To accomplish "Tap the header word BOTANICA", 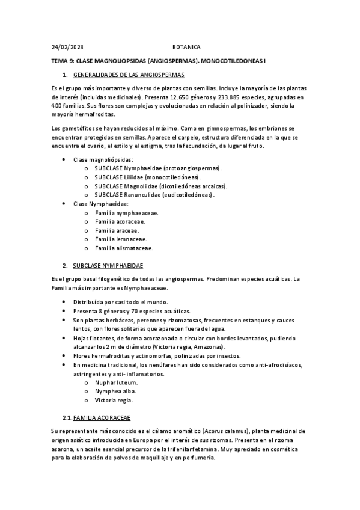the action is (x=186, y=46).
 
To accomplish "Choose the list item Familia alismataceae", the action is (x=123, y=248).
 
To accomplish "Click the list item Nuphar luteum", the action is (x=116, y=382).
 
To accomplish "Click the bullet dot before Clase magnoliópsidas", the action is (x=64, y=159).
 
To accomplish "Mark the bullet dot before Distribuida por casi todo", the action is (x=64, y=302).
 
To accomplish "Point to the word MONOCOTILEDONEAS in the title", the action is (x=235, y=61).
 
